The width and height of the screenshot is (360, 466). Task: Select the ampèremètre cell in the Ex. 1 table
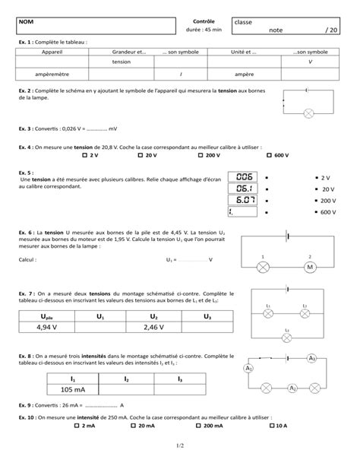tap(52, 74)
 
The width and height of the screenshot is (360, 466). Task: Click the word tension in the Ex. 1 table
tap(121, 61)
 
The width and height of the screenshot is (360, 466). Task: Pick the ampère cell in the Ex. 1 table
tap(244, 74)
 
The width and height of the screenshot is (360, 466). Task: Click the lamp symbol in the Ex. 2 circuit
tap(309, 113)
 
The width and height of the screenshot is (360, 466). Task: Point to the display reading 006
tap(243, 176)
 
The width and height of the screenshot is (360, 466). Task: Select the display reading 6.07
tap(243, 200)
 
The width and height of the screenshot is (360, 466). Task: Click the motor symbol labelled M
tap(309, 268)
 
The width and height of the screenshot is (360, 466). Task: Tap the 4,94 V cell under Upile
tap(47, 328)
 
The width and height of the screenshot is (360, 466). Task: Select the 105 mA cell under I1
tap(73, 389)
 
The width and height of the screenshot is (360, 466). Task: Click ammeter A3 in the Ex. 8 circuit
tap(311, 358)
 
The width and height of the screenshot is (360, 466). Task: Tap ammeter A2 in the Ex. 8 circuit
tap(292, 388)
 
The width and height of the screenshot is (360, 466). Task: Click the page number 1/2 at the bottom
tap(180, 455)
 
